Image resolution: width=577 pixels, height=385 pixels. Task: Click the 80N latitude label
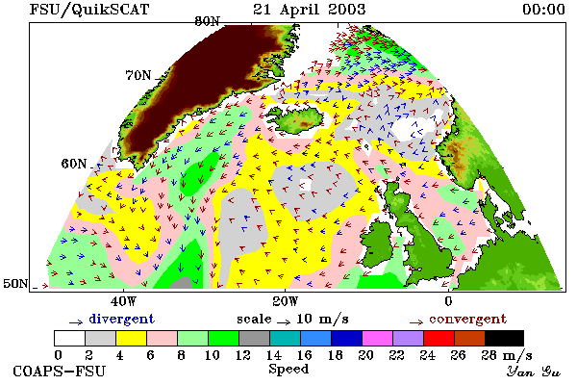pyautogui.click(x=208, y=21)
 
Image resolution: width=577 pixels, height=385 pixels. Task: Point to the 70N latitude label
pyautogui.click(x=138, y=75)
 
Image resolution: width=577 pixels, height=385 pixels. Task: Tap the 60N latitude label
pyautogui.click(x=74, y=164)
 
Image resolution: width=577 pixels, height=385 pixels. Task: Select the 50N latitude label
pyautogui.click(x=15, y=283)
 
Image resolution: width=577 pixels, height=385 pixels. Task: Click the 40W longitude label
pyautogui.click(x=123, y=301)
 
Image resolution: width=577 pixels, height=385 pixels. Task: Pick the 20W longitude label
pyautogui.click(x=286, y=301)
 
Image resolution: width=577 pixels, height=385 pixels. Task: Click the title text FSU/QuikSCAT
pyautogui.click(x=89, y=10)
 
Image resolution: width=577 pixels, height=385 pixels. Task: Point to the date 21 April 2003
pyautogui.click(x=309, y=10)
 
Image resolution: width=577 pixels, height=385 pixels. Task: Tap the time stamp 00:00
pyautogui.click(x=543, y=10)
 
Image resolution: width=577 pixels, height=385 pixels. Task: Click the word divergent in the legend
pyautogui.click(x=121, y=319)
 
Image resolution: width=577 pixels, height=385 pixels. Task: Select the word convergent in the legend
pyautogui.click(x=467, y=319)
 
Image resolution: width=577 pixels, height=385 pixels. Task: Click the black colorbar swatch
pyautogui.click(x=504, y=338)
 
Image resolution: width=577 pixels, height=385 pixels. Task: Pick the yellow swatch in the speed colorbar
pyautogui.click(x=131, y=338)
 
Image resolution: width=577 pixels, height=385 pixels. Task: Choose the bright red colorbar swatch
pyautogui.click(x=439, y=338)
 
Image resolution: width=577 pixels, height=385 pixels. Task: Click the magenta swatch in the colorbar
pyautogui.click(x=377, y=338)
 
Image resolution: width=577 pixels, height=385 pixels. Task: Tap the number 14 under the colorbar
pyautogui.click(x=274, y=355)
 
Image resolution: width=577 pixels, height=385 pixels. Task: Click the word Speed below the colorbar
pyautogui.click(x=288, y=369)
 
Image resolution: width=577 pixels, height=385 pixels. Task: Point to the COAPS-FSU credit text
pyautogui.click(x=59, y=371)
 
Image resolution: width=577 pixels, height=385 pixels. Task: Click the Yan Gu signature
pyautogui.click(x=533, y=372)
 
